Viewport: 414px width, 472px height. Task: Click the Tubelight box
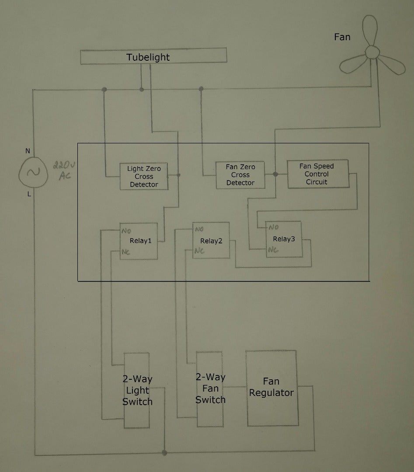pyautogui.click(x=153, y=57)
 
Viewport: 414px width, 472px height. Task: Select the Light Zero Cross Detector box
pyautogui.click(x=144, y=176)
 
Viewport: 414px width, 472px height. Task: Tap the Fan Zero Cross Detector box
pyautogui.click(x=240, y=175)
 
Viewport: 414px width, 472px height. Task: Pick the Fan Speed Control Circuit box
pyautogui.click(x=317, y=174)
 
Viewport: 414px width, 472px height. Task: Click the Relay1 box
pyautogui.click(x=139, y=241)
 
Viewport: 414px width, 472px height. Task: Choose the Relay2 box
pyautogui.click(x=211, y=241)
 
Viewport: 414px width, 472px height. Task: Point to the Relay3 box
pyautogui.click(x=284, y=239)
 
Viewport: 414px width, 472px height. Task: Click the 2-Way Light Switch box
pyautogui.click(x=137, y=390)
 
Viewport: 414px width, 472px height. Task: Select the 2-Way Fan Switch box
pyautogui.click(x=210, y=389)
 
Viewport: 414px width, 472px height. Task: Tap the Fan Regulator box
pyautogui.click(x=272, y=388)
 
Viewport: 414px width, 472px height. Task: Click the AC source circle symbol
pyautogui.click(x=32, y=172)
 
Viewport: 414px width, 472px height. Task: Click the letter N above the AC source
pyautogui.click(x=28, y=151)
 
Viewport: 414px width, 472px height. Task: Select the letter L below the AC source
pyautogui.click(x=29, y=194)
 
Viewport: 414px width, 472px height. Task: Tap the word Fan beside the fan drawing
pyautogui.click(x=342, y=37)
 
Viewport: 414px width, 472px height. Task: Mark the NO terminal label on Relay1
pyautogui.click(x=127, y=230)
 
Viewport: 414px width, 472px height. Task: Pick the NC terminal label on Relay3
pyautogui.click(x=273, y=250)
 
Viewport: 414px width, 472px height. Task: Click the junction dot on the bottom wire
pyautogui.click(x=164, y=452)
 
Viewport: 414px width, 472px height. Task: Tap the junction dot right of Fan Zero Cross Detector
pyautogui.click(x=275, y=174)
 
